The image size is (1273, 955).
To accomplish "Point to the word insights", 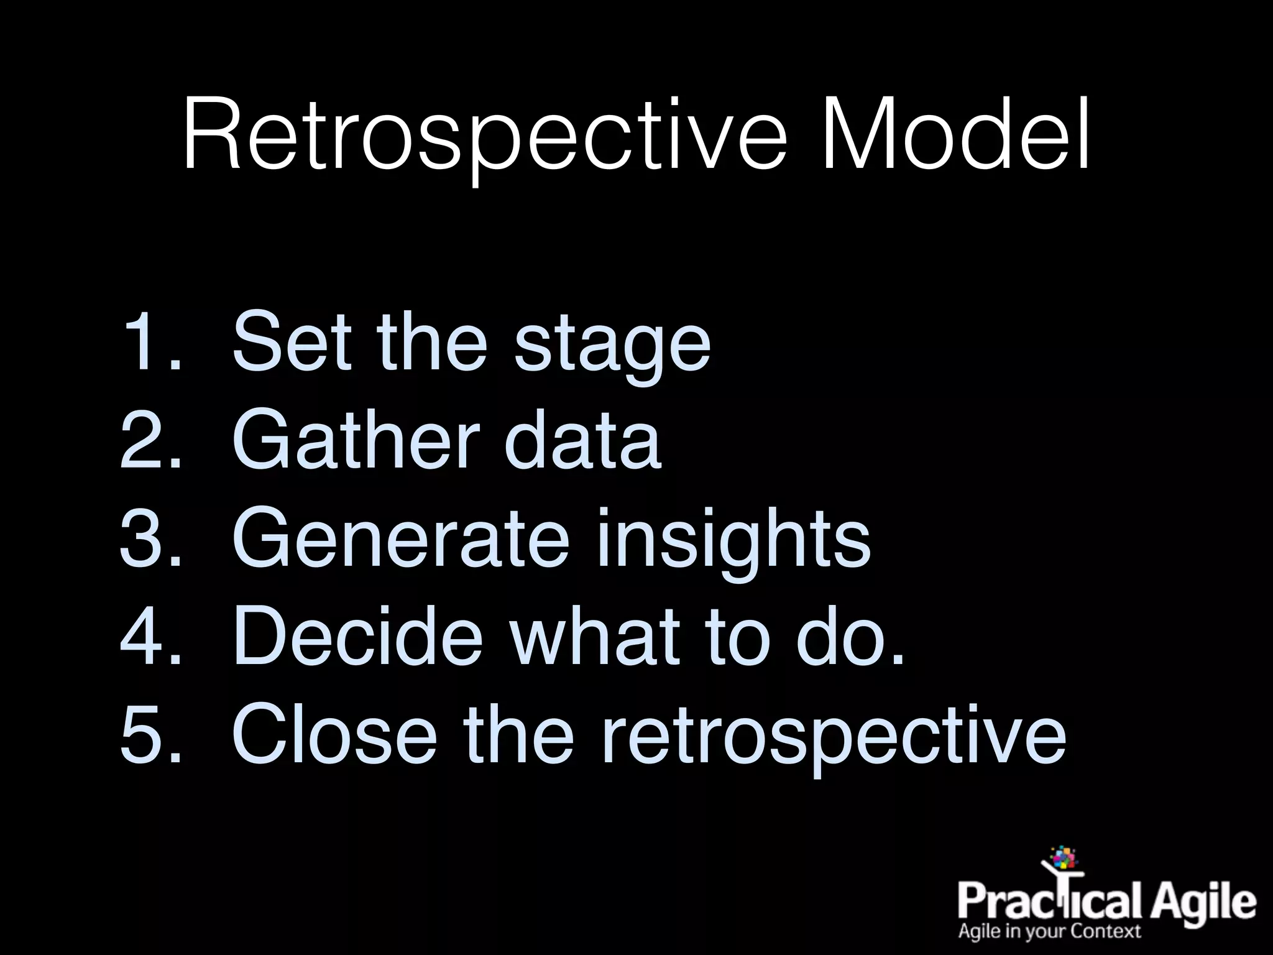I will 733,540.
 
